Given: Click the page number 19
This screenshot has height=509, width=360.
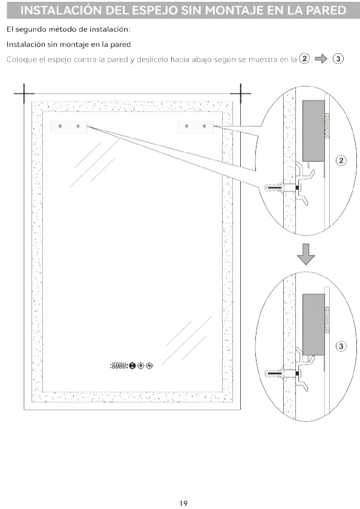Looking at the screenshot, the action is [x=183, y=503].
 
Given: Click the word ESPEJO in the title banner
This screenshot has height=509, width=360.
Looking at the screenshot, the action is [x=151, y=10].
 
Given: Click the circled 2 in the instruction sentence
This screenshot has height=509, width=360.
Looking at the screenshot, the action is [x=304, y=59].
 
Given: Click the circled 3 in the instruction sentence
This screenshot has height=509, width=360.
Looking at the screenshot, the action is [x=339, y=59].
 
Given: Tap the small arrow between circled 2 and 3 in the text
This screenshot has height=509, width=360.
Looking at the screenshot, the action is [x=321, y=59].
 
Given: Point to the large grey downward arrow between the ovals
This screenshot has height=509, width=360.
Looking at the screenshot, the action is [x=306, y=254].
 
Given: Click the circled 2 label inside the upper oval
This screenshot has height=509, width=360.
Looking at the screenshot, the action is [x=341, y=160].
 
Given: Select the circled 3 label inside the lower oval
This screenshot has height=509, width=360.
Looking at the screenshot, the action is [x=341, y=346].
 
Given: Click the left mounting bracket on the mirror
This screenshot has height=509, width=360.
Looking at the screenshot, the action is [x=69, y=126].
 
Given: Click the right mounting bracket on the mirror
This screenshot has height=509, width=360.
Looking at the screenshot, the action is [x=195, y=126].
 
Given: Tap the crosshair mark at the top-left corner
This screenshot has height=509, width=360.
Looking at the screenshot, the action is [x=24, y=93].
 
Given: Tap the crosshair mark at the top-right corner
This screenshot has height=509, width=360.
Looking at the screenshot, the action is [x=240, y=93].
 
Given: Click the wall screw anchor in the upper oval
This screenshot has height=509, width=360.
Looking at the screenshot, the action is [x=275, y=187].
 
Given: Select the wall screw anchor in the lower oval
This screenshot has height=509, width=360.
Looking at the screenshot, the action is [x=275, y=373].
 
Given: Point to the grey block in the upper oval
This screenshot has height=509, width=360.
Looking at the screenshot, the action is [x=313, y=131].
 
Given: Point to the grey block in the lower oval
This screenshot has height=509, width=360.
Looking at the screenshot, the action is [x=313, y=324].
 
